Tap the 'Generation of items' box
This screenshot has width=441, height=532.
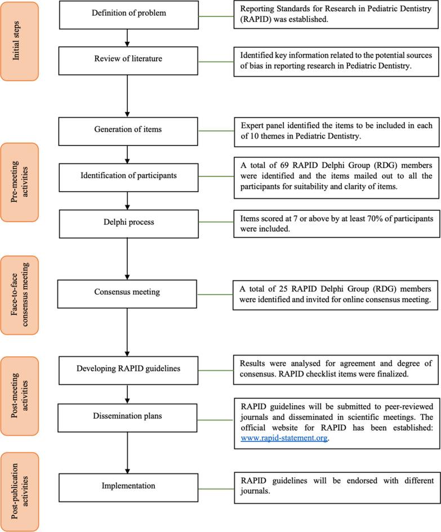point(128,130)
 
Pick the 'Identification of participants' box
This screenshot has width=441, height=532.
point(128,176)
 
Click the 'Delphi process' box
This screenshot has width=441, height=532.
point(128,222)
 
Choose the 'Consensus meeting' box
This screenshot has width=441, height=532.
point(128,292)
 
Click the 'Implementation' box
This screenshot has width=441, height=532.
point(128,486)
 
